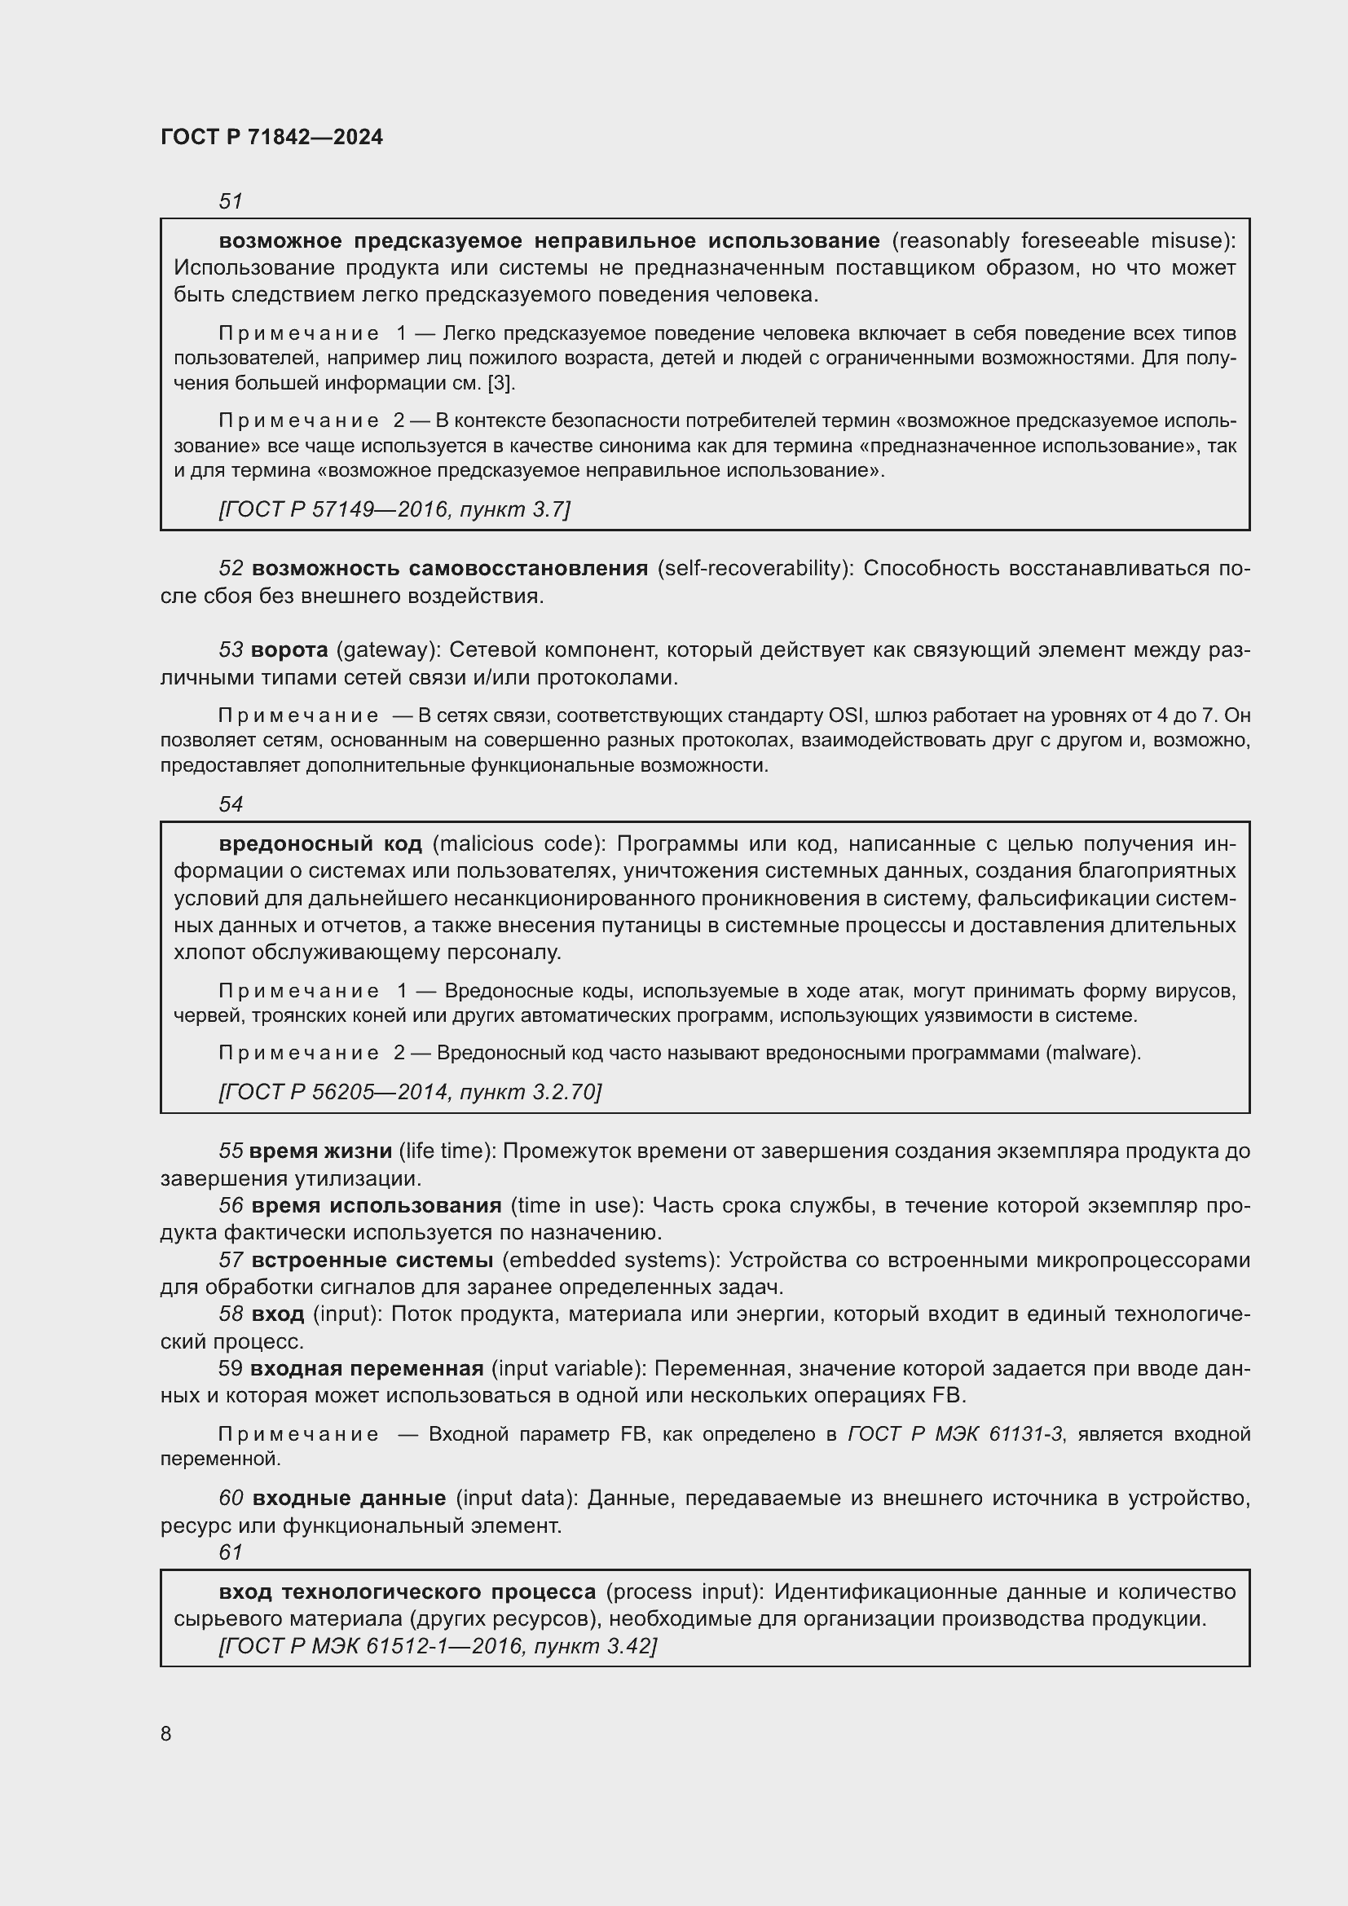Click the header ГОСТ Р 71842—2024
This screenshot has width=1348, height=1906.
tap(271, 137)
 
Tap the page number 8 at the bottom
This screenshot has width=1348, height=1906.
tap(166, 1733)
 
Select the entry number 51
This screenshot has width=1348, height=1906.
tap(230, 201)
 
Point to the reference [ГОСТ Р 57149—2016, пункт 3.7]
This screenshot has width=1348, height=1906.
tap(394, 508)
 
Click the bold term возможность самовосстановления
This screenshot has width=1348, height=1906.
tap(449, 569)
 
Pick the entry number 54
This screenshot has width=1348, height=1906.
tap(230, 803)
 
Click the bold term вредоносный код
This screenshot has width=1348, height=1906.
tap(320, 844)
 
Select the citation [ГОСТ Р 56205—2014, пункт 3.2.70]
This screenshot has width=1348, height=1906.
tap(410, 1092)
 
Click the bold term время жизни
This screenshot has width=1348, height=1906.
tap(320, 1151)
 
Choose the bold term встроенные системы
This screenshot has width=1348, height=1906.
tap(372, 1260)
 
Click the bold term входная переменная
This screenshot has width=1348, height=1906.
tap(366, 1369)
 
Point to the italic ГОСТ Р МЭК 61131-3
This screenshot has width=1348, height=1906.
tap(954, 1434)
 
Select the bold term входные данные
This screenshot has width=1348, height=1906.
tap(349, 1499)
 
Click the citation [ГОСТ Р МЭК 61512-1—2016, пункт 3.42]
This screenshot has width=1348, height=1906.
tap(438, 1646)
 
